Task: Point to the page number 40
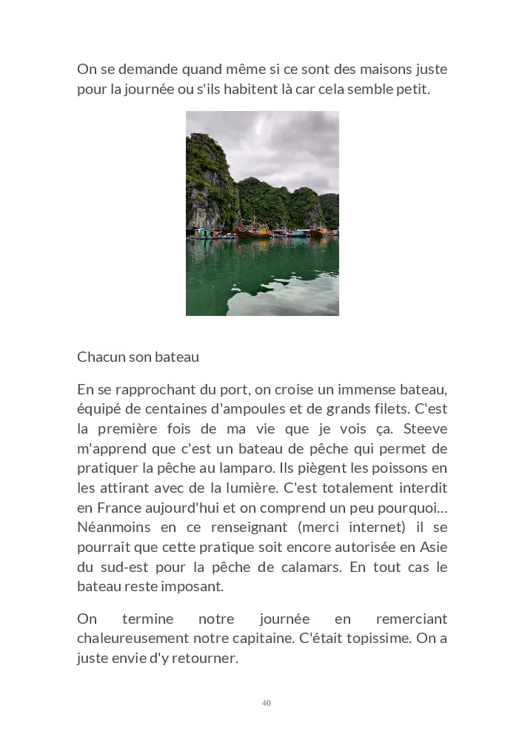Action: click(267, 703)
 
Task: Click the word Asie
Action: click(433, 548)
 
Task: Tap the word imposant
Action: click(198, 587)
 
